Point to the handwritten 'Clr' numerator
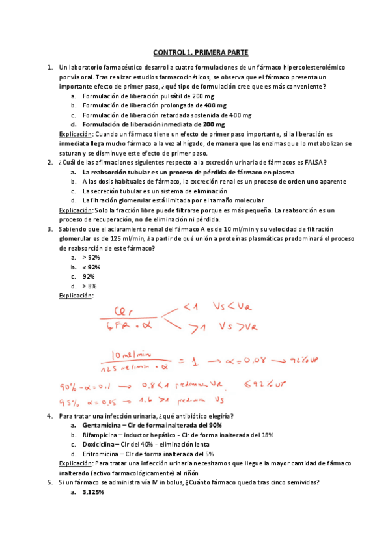point(123,310)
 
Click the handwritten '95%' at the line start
point(69,401)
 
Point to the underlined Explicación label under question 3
point(76,296)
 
